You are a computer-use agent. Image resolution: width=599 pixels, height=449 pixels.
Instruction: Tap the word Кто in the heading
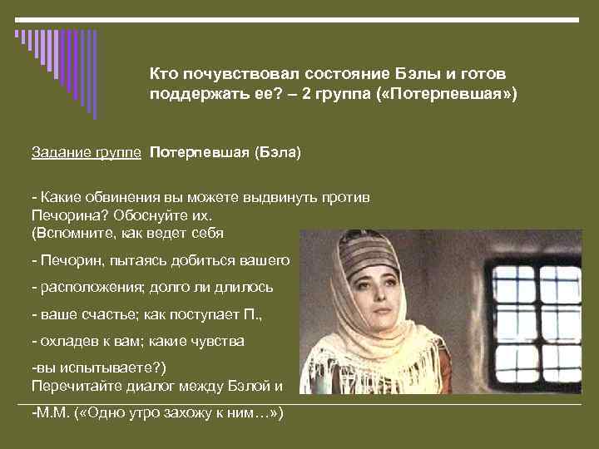click(x=164, y=74)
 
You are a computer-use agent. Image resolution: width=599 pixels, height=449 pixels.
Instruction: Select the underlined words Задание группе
click(x=87, y=153)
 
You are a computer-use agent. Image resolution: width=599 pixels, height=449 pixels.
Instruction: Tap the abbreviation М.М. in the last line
click(x=54, y=412)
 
